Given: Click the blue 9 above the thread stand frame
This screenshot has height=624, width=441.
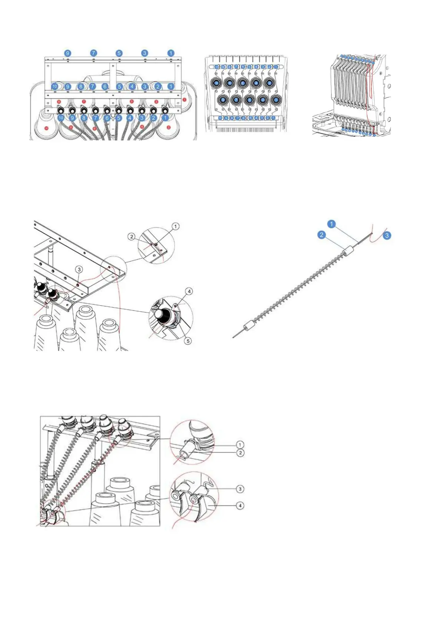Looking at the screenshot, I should [67, 53].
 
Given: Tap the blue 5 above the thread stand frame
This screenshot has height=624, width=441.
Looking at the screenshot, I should [119, 53].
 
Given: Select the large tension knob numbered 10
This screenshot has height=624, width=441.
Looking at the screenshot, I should [216, 83].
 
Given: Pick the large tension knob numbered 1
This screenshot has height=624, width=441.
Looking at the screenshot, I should [276, 100].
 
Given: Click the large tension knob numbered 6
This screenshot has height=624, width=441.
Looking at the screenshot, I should [243, 83].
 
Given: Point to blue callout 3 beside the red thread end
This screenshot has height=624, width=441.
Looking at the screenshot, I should [387, 235].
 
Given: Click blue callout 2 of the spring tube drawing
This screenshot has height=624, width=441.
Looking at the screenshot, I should [321, 235].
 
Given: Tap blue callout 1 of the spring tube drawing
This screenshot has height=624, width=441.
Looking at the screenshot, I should [332, 224].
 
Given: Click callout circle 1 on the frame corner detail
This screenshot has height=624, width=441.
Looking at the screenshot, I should [176, 226].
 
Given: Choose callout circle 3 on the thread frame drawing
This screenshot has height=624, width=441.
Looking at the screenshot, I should [79, 269].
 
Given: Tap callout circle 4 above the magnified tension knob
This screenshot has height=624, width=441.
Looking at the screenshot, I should [189, 291].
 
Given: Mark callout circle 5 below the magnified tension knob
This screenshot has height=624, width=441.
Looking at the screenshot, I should [188, 341].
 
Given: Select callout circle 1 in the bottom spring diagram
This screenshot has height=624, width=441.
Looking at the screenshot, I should [240, 445].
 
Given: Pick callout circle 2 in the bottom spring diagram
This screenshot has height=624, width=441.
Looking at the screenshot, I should [240, 453].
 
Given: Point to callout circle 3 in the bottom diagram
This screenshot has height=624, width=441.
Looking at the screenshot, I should [240, 489].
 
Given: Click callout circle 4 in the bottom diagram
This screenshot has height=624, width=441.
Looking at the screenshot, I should [240, 505].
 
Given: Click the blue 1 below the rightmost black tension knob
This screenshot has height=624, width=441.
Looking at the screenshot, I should [166, 118].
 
